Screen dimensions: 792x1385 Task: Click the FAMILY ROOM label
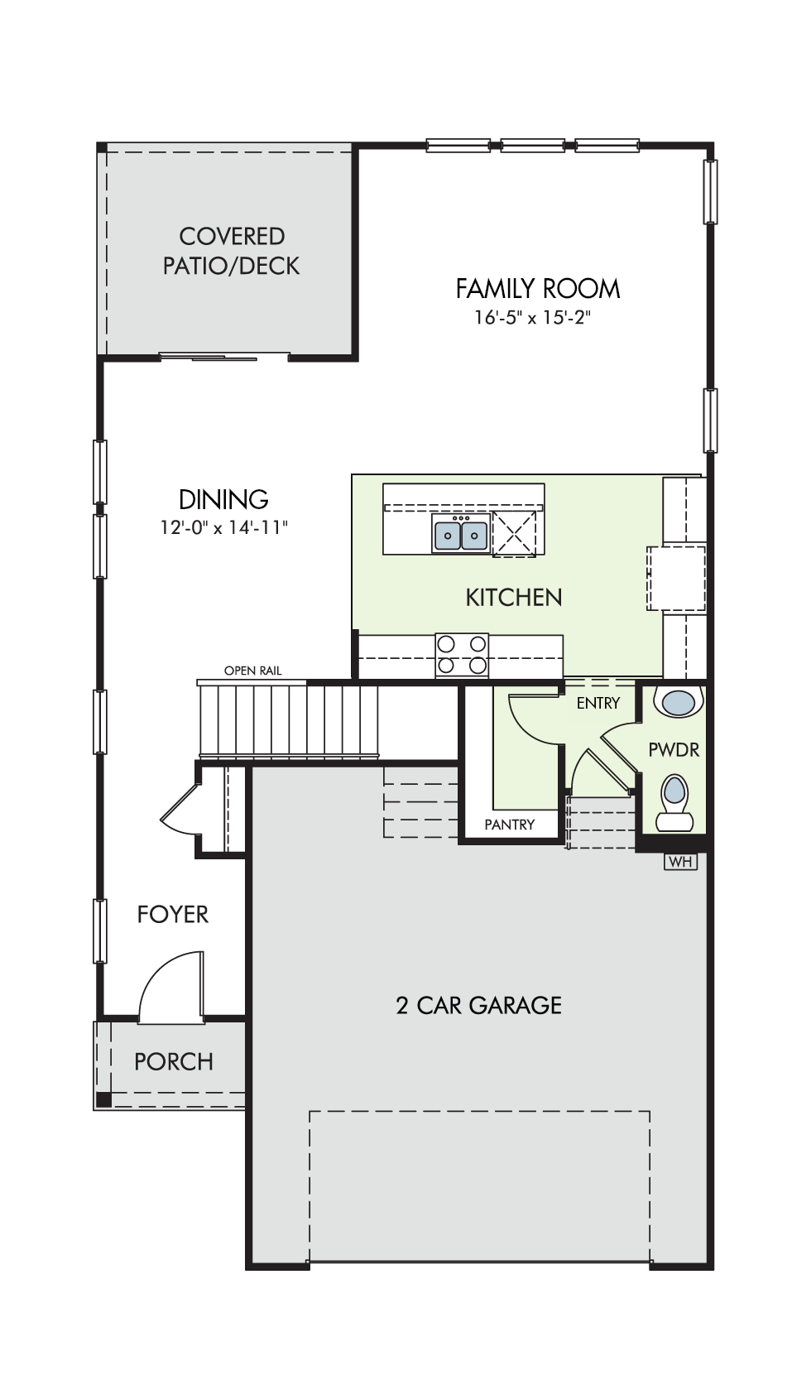[538, 289]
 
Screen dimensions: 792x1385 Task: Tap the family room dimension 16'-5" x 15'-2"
[533, 318]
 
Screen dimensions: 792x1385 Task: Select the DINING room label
[223, 499]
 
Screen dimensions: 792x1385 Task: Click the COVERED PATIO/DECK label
[231, 251]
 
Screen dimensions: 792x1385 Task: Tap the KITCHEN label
[514, 598]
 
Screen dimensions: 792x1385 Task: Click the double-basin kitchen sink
[461, 532]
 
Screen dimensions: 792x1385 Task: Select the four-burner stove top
[462, 655]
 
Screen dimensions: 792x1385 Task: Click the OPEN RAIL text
[253, 671]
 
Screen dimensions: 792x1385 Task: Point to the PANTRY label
[510, 825]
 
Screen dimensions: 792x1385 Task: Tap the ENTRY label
[598, 703]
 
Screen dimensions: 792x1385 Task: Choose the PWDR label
[674, 750]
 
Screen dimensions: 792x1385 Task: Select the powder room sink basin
[679, 702]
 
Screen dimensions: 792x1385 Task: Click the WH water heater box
[680, 861]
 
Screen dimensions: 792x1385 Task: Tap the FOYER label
[172, 915]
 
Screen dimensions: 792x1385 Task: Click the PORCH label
[174, 1061]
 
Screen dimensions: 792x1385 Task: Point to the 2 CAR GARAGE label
[478, 1005]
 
